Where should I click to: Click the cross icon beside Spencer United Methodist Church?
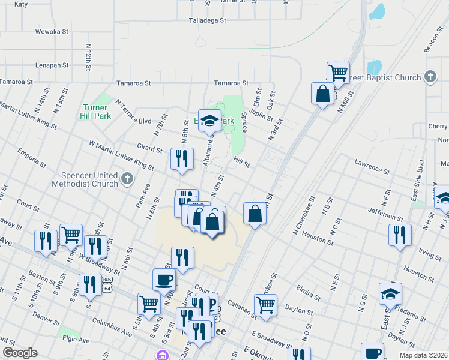pos(126,178)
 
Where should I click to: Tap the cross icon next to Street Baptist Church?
pos(430,77)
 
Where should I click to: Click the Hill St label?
pos(241,161)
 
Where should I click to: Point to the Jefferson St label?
pos(387,213)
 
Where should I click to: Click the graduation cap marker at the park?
pos(210,120)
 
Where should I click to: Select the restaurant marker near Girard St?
pos(182,159)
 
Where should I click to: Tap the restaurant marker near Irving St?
pos(400,235)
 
